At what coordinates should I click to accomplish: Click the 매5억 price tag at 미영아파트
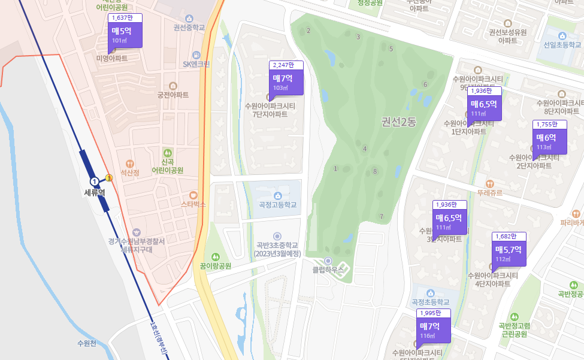[x=125, y=34]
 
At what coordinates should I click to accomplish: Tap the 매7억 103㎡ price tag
[x=286, y=81]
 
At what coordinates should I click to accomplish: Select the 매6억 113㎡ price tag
[x=549, y=141]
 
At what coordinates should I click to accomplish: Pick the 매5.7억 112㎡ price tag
[x=509, y=253]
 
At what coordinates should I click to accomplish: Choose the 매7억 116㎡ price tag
[x=432, y=330]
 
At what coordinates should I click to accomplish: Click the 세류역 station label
[x=94, y=193]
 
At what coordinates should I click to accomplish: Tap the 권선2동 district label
[x=398, y=122]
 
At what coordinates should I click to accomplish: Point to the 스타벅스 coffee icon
[x=193, y=195]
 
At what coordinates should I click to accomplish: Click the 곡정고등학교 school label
[x=277, y=205]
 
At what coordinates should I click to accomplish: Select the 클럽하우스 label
[x=328, y=270]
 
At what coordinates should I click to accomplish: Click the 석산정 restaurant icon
[x=129, y=164]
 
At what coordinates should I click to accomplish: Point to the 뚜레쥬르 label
[x=490, y=193]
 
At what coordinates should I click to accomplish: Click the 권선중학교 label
[x=189, y=28]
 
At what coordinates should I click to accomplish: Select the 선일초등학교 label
[x=562, y=45]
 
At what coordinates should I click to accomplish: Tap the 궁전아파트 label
[x=173, y=95]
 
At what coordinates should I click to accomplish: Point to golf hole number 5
[x=391, y=49]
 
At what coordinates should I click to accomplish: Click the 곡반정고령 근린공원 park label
[x=513, y=330]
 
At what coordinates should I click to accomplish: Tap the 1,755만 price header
[x=549, y=125]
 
